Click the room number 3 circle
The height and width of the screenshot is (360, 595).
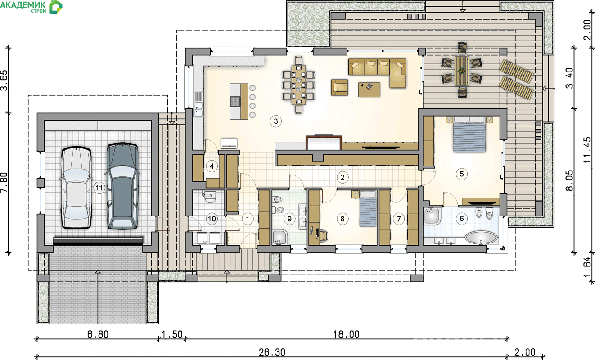(276, 121)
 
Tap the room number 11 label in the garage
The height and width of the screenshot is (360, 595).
(99, 188)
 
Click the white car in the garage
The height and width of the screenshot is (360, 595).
(77, 188)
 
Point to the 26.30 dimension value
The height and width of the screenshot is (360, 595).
(272, 352)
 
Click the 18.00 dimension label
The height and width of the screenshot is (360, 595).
(346, 334)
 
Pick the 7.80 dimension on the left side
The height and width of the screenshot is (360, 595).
(5, 183)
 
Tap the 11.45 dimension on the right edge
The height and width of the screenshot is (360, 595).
(587, 150)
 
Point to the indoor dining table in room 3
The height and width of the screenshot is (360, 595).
(298, 85)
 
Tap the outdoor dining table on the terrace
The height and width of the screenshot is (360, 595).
(462, 71)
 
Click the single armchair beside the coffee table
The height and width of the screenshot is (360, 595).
(339, 87)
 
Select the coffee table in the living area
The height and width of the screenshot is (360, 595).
(369, 90)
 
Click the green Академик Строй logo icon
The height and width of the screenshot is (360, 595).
(56, 7)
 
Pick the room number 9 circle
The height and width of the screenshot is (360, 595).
(289, 219)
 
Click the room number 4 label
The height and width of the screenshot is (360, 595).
(212, 166)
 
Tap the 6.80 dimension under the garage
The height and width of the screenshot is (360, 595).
(98, 334)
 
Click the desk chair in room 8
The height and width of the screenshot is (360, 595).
(322, 236)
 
